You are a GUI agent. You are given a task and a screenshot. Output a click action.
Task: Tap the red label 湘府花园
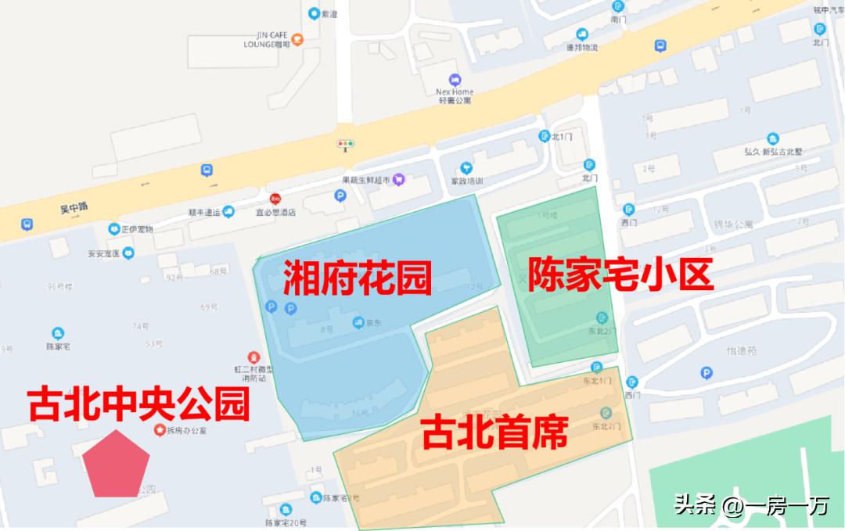point(358,277)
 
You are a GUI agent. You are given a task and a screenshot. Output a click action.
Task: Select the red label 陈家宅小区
point(621,274)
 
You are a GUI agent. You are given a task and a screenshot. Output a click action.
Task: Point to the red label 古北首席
point(494,433)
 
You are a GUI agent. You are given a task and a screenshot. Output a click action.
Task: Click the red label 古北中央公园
point(138,405)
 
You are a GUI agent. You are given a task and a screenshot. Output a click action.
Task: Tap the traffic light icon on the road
point(345,145)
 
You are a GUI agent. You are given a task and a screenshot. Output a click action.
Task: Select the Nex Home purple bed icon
point(455,80)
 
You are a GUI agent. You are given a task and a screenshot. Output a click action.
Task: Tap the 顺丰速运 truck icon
point(228,211)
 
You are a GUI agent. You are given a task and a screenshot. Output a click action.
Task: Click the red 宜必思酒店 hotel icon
point(275,199)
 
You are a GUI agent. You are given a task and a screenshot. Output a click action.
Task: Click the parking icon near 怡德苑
point(707,373)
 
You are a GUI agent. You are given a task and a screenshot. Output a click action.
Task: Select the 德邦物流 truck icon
point(582,34)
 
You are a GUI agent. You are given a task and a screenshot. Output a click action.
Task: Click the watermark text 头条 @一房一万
point(751,505)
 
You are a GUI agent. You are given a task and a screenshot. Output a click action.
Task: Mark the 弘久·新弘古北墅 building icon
point(773,139)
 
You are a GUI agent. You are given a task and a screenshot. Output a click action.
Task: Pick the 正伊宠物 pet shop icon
point(114,228)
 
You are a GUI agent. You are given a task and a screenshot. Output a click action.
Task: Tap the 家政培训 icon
point(466,167)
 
